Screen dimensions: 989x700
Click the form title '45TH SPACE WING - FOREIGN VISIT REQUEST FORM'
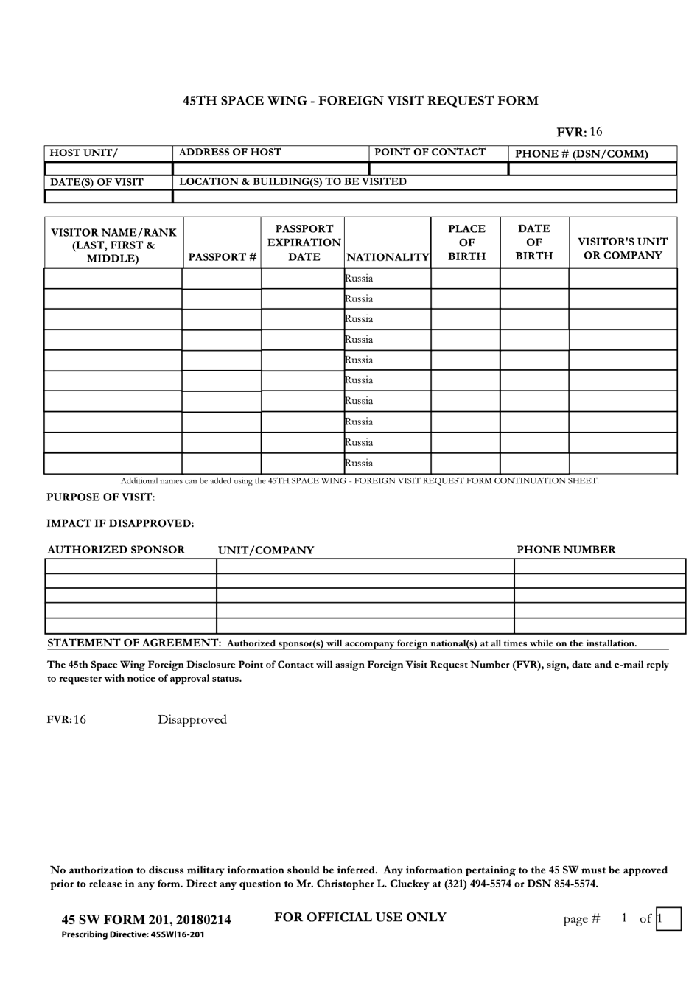(x=360, y=100)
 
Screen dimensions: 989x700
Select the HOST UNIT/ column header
(x=83, y=153)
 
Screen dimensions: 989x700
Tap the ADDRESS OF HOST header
(x=230, y=152)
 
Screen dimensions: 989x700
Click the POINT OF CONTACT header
(x=430, y=152)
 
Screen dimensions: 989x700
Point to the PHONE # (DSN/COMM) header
(x=581, y=153)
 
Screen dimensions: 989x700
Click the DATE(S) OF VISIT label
(x=97, y=182)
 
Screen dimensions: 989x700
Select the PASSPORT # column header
(x=222, y=256)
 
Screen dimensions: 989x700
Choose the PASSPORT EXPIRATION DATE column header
(x=304, y=242)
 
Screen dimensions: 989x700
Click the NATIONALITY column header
(x=388, y=256)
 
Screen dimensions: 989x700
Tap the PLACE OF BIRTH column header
(x=466, y=242)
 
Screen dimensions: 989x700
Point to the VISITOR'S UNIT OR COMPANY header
(x=623, y=248)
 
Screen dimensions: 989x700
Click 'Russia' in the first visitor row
(x=359, y=279)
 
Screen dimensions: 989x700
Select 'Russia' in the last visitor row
(x=359, y=464)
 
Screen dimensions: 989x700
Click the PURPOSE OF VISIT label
(x=101, y=497)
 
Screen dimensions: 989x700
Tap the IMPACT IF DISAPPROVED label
(x=120, y=523)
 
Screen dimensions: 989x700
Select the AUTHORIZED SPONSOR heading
(x=116, y=550)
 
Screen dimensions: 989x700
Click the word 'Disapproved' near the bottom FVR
(x=192, y=719)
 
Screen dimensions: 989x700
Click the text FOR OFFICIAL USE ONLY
(x=360, y=917)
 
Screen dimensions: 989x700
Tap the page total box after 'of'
(x=668, y=918)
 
